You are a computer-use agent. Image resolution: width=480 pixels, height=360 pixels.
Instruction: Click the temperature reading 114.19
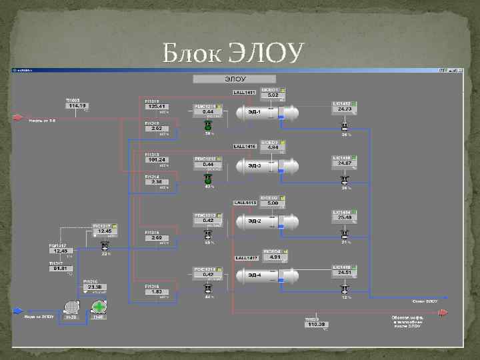click(x=77, y=106)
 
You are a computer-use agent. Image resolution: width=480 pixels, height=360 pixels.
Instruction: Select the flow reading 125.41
click(x=157, y=106)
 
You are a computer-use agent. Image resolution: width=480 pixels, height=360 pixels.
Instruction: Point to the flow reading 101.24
click(x=157, y=159)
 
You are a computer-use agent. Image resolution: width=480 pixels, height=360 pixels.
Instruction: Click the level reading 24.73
click(x=344, y=109)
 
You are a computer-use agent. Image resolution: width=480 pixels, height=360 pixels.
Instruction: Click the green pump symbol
click(x=99, y=307)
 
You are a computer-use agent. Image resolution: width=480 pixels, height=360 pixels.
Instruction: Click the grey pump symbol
click(x=71, y=307)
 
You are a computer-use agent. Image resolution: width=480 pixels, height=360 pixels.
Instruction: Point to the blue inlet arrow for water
click(x=18, y=311)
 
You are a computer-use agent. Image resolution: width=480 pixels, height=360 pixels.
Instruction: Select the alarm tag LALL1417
click(x=245, y=257)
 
